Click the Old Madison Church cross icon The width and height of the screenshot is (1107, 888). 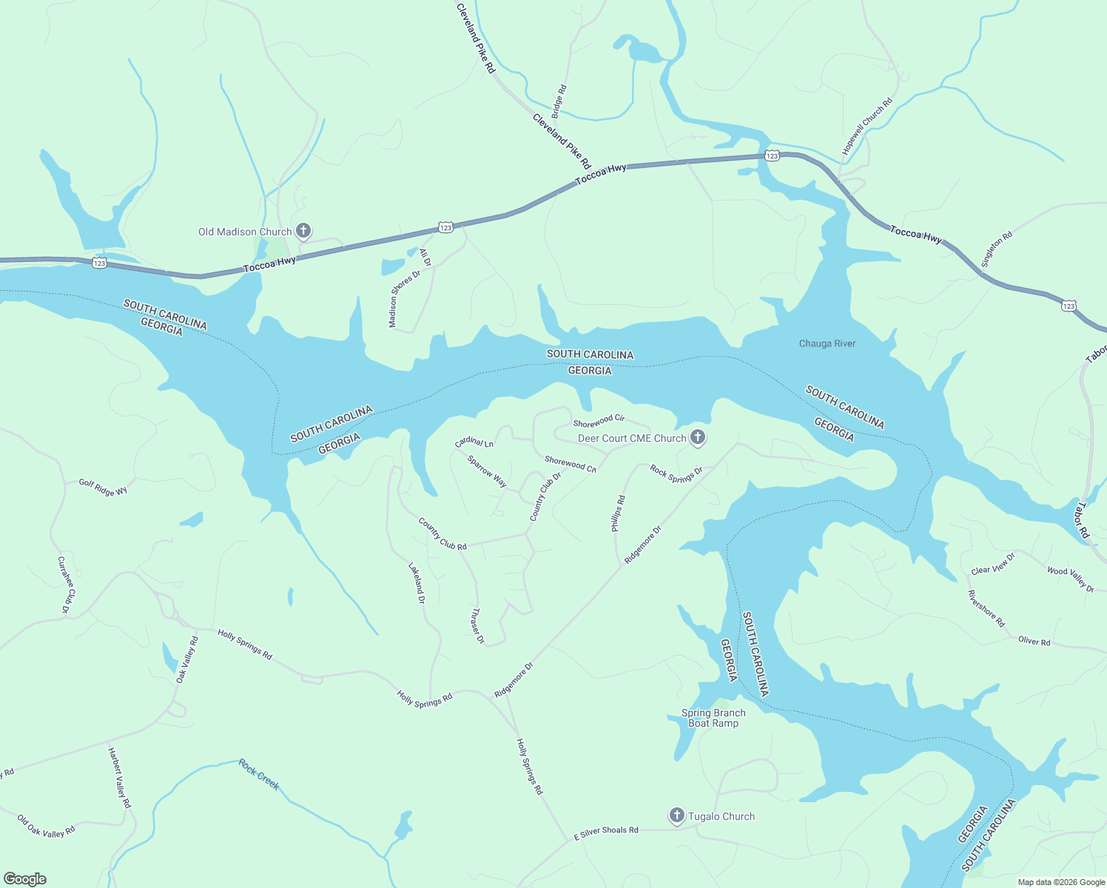303,231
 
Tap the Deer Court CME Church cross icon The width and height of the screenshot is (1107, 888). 697,437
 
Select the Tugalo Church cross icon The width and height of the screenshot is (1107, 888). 676,815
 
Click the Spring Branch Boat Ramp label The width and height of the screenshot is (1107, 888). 713,718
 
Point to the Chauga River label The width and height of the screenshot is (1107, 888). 827,343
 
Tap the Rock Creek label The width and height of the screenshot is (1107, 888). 259,774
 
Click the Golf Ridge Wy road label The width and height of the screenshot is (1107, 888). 104,487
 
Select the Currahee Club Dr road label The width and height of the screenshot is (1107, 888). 66,585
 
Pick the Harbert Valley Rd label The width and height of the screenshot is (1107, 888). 119,777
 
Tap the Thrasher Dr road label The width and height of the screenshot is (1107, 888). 477,626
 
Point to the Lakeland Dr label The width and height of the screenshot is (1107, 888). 417,583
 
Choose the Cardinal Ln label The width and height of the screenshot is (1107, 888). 474,442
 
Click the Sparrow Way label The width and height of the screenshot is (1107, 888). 487,471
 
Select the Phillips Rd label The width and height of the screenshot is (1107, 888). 618,514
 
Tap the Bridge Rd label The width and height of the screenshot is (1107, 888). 559,101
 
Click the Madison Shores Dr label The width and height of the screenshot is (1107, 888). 404,299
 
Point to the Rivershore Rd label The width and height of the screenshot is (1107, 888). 986,608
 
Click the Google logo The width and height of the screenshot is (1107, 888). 25,879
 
